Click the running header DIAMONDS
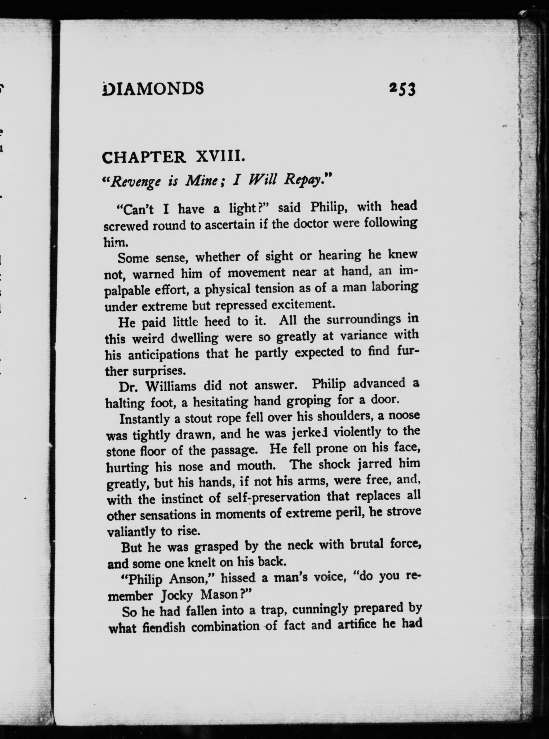[x=153, y=89]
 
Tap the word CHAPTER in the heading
[x=144, y=157]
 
